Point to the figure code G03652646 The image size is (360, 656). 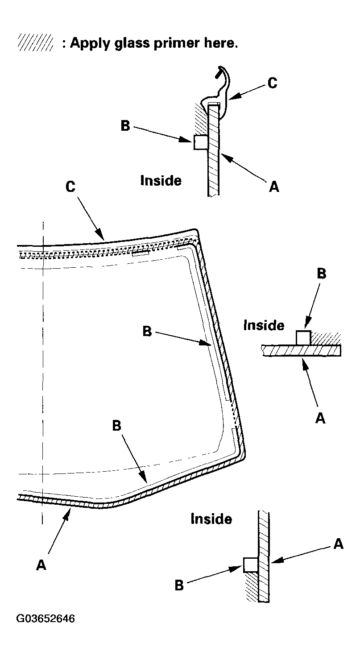pyautogui.click(x=46, y=619)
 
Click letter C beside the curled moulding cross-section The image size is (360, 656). pyautogui.click(x=272, y=83)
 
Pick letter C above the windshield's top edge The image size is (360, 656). pyautogui.click(x=70, y=187)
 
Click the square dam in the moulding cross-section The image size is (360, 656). pyautogui.click(x=200, y=143)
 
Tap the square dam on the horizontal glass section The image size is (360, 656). pyautogui.click(x=303, y=337)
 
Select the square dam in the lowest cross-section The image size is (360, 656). pyautogui.click(x=251, y=565)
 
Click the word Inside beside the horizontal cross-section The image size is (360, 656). pyautogui.click(x=264, y=325)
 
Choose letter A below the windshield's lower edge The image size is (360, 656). pyautogui.click(x=41, y=565)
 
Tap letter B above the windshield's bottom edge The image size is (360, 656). pyautogui.click(x=116, y=426)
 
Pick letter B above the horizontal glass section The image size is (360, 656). pyautogui.click(x=321, y=274)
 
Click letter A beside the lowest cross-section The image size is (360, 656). pyautogui.click(x=339, y=544)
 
